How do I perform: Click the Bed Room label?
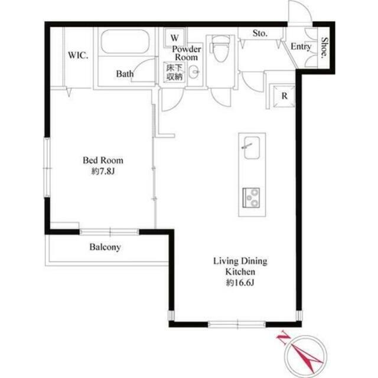[x=103, y=160]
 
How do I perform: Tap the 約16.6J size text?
[x=240, y=282]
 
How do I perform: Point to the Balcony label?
[x=105, y=247]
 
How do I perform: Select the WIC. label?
[x=78, y=55]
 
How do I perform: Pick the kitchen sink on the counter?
[x=252, y=148]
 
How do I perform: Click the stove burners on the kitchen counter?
[x=251, y=197]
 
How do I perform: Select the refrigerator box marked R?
[x=284, y=96]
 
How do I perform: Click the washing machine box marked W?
[x=175, y=38]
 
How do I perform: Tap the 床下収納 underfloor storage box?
[x=174, y=72]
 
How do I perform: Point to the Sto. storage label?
[x=260, y=33]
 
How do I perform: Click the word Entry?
[x=301, y=47]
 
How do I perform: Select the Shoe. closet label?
[x=325, y=48]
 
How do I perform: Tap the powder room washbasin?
[x=194, y=71]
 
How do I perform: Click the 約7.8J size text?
[x=103, y=171]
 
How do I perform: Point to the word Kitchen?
[x=240, y=272]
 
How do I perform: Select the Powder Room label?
[x=187, y=53]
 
